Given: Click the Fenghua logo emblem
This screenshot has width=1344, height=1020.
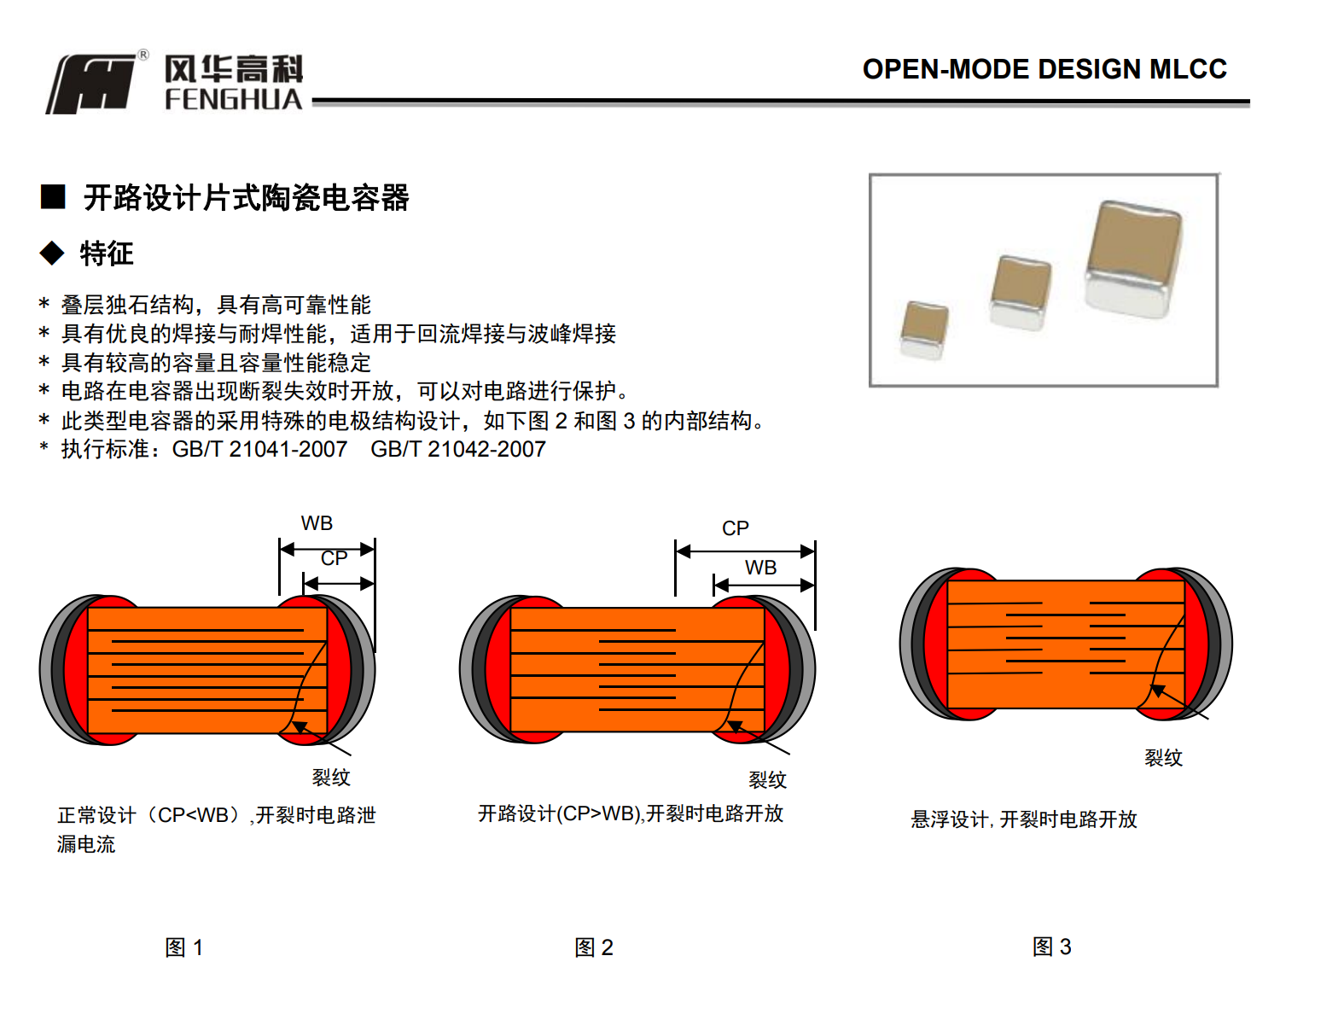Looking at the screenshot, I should point(92,83).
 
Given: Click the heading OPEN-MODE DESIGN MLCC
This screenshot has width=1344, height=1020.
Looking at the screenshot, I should point(1044,69).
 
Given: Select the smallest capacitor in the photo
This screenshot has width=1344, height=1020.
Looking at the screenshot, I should point(924,329).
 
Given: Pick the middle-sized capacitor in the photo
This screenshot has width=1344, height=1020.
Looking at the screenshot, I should point(1020,292).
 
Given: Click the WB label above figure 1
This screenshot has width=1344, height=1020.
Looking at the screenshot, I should point(317,523).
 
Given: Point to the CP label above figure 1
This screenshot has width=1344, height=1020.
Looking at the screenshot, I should point(334,558).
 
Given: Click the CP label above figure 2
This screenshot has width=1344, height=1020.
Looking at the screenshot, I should point(735,528).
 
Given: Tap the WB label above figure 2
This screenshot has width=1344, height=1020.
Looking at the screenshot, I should point(760,568).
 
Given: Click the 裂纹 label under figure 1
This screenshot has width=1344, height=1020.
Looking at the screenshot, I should point(331,778).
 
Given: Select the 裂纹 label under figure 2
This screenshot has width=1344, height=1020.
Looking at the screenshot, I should point(767,779).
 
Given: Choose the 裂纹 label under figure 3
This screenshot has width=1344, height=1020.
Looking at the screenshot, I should point(1163,758).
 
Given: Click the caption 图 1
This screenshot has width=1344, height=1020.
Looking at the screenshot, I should point(183,947).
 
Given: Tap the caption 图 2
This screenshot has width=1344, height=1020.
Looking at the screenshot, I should point(594,947).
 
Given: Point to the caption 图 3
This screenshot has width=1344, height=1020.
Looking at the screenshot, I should point(1051,947).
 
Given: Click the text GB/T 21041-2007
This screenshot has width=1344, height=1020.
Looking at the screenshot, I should point(259,449).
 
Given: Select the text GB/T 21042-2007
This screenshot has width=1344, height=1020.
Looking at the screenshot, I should point(458,449).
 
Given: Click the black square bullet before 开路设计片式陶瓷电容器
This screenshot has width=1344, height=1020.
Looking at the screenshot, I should point(53,197).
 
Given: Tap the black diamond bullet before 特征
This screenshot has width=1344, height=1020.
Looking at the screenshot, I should point(52,253).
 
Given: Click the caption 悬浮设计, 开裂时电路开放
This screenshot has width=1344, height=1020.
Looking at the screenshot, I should point(1023,819).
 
